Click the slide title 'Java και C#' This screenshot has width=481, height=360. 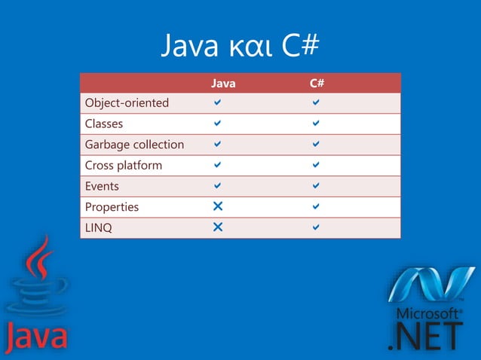point(240,47)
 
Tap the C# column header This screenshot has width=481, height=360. point(316,84)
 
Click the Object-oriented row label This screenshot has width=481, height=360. point(127,103)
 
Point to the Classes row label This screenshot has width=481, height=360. point(104,124)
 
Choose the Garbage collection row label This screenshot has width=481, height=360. point(135,144)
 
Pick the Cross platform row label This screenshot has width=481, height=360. point(124,165)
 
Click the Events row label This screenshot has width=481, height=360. point(103,185)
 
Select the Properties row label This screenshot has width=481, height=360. point(112,206)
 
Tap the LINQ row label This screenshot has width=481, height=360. point(99,227)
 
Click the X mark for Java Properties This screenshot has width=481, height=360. point(218,206)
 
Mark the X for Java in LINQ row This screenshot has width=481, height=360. point(218,227)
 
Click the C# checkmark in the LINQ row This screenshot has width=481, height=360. point(316,227)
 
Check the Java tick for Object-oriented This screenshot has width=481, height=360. point(217,102)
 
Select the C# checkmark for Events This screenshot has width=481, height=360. point(316,185)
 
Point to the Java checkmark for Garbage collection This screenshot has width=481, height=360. point(217,144)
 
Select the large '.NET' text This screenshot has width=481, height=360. point(424,337)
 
